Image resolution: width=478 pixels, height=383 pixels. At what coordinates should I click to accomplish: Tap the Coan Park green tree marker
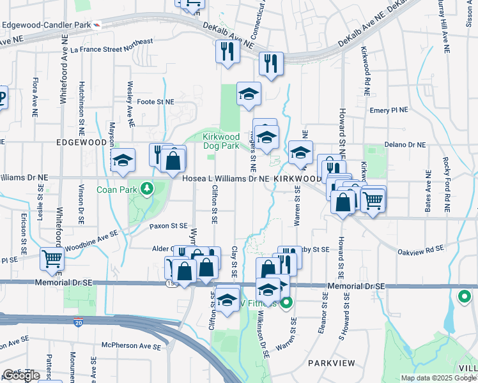148,189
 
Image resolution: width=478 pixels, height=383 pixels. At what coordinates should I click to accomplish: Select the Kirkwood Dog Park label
221,141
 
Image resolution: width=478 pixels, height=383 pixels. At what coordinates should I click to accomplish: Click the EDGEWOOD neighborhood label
80,142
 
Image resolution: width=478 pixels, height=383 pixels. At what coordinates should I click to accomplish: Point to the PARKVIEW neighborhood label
331,363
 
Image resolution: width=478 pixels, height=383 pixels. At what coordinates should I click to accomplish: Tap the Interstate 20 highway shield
78,324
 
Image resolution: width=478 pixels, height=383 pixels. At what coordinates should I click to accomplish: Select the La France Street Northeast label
112,45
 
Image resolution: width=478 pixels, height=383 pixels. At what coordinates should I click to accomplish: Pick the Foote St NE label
155,101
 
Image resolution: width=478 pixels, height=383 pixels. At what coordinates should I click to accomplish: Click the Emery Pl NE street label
389,110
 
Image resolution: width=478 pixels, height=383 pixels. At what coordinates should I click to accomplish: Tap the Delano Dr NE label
405,145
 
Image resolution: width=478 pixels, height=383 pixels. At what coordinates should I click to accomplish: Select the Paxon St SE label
169,226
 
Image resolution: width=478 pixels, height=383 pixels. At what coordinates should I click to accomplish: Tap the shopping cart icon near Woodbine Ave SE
52,258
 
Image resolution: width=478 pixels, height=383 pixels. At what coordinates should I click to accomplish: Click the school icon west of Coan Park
123,160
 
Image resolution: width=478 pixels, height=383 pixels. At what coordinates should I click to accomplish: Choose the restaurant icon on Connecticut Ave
271,63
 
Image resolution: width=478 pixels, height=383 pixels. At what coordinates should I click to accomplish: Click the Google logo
21,375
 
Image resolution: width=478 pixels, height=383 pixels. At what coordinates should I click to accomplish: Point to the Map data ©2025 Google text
438,378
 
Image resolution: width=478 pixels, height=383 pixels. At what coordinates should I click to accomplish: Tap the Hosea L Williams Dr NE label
226,179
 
